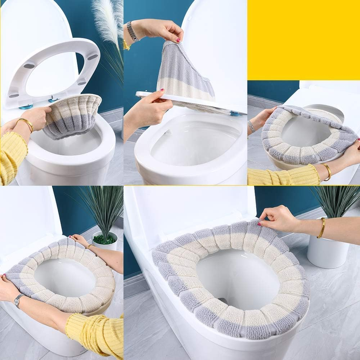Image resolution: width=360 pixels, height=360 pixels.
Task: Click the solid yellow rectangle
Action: tap(303, 40)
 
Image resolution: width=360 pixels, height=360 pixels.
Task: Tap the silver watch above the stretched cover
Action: tap(132, 31)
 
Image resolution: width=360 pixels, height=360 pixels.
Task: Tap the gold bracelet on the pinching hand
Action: tap(322, 228)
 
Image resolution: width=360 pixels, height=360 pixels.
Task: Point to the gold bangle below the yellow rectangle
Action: tap(327, 171)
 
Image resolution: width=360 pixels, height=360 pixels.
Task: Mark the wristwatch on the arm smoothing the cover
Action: tap(18, 300)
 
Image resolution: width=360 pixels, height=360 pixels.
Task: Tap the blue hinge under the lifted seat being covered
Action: tap(236, 113)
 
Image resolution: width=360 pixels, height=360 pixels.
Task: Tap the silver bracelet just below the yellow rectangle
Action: tap(251, 126)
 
